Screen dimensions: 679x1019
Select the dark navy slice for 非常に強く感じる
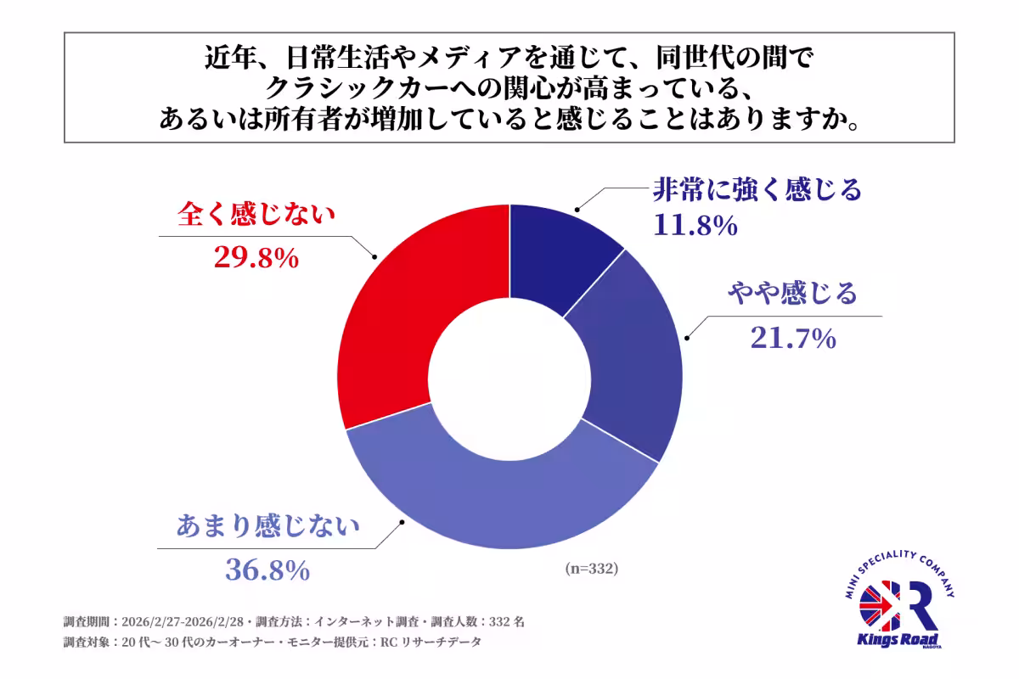[556, 255]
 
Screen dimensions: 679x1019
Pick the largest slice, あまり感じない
[501, 501]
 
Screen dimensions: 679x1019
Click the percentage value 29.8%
[255, 258]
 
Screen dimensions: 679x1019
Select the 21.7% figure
[793, 339]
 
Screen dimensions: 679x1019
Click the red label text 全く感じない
[256, 214]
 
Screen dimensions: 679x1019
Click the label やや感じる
[791, 295]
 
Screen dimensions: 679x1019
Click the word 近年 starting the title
[226, 57]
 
